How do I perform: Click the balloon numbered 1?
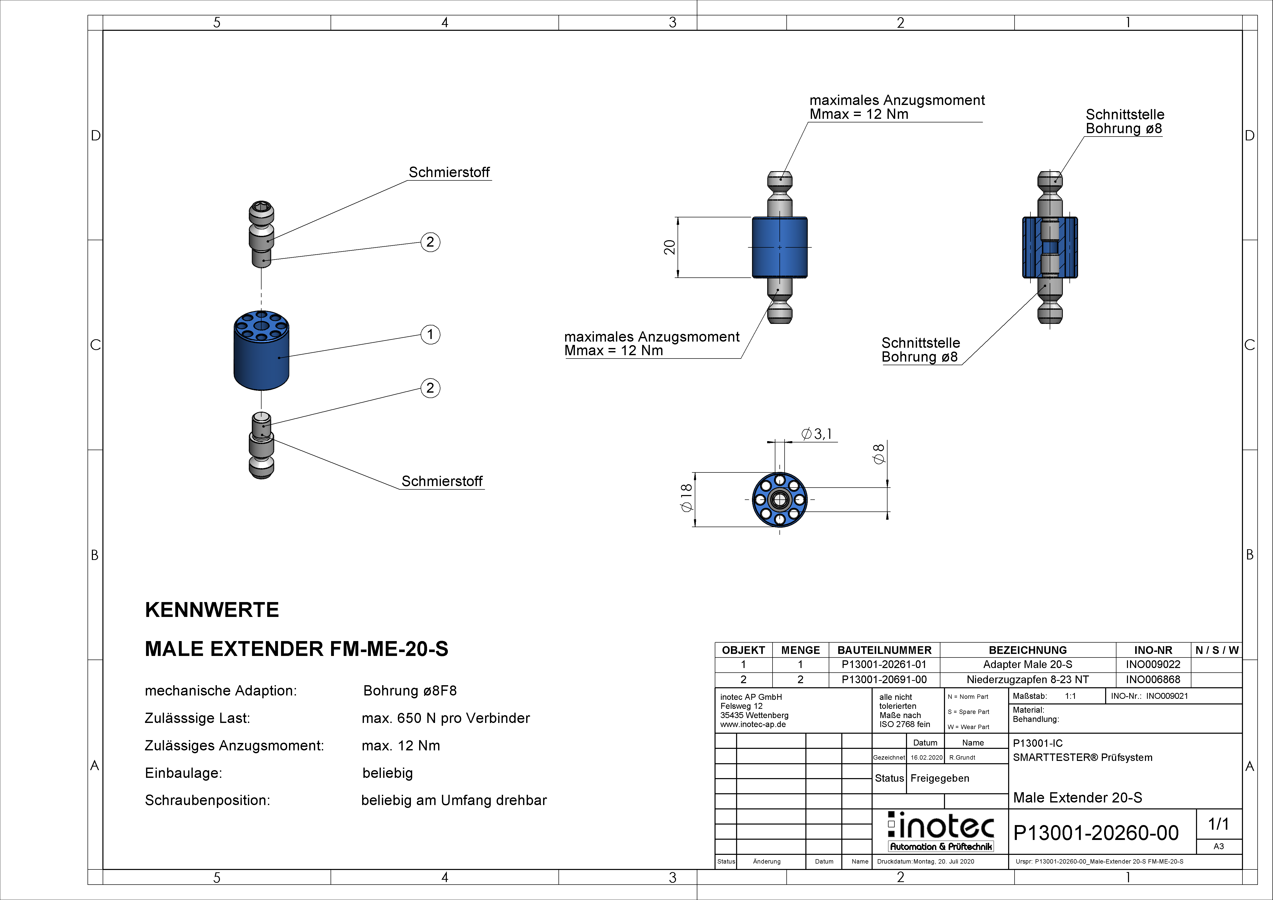430,334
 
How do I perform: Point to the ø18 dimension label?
686,497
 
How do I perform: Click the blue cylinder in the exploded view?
261,351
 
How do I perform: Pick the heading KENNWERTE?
212,610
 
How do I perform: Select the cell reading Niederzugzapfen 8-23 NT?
1027,679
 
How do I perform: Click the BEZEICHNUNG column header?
1027,650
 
